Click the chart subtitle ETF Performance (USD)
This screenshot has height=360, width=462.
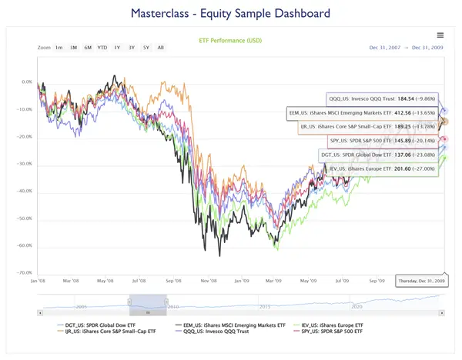pos(230,39)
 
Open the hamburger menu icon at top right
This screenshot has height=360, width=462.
pos(440,35)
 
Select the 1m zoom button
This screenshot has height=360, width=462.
pos(59,48)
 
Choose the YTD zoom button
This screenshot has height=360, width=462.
pos(102,48)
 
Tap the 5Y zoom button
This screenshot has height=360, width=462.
pos(146,48)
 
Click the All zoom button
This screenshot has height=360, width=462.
pos(160,48)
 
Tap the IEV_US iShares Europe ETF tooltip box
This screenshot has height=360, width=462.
pos(380,168)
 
